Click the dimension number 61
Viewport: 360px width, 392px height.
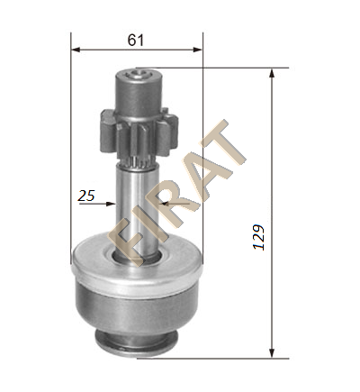pos(136,40)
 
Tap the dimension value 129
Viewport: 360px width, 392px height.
pos(258,237)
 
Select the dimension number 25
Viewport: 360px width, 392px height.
pos(86,196)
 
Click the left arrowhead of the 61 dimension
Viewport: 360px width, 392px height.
pos(76,50)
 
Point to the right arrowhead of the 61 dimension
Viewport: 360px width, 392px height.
pos(198,50)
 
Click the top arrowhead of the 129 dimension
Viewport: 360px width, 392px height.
pos(272,73)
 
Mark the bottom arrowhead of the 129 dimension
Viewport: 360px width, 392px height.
pos(272,353)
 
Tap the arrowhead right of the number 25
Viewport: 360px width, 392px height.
pos(112,204)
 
